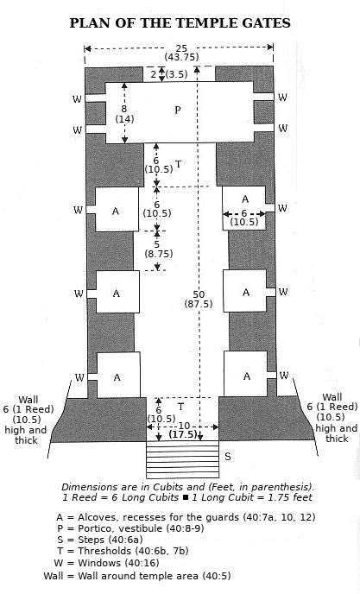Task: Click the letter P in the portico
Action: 178,111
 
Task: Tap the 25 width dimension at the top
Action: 181,48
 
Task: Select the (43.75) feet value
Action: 181,57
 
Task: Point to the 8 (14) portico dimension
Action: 124,114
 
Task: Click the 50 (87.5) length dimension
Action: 199,299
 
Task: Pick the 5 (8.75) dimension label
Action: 158,249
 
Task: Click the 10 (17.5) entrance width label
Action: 183,430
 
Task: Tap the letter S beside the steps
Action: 227,457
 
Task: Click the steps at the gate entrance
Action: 183,459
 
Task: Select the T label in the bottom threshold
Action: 180,407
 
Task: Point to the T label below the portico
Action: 179,164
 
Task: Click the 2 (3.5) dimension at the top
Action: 169,74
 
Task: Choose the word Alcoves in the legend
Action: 94,517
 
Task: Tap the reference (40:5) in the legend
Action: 217,576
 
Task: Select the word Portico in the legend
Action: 93,528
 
